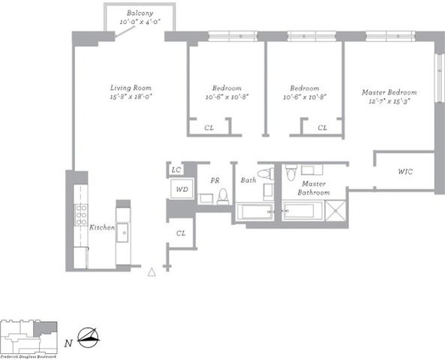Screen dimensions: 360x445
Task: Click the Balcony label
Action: point(139,14)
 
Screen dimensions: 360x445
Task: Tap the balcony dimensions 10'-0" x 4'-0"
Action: point(139,22)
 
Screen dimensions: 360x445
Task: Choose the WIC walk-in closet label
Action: point(405,172)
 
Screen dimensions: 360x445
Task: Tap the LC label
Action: point(176,170)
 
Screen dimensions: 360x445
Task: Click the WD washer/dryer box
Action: point(181,189)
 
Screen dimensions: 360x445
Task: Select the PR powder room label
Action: point(215,181)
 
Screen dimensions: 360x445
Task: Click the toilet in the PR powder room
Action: point(222,196)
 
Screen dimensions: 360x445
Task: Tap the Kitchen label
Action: point(101,227)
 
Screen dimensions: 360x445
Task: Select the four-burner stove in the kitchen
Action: point(81,215)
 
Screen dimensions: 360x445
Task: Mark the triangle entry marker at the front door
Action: point(152,272)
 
